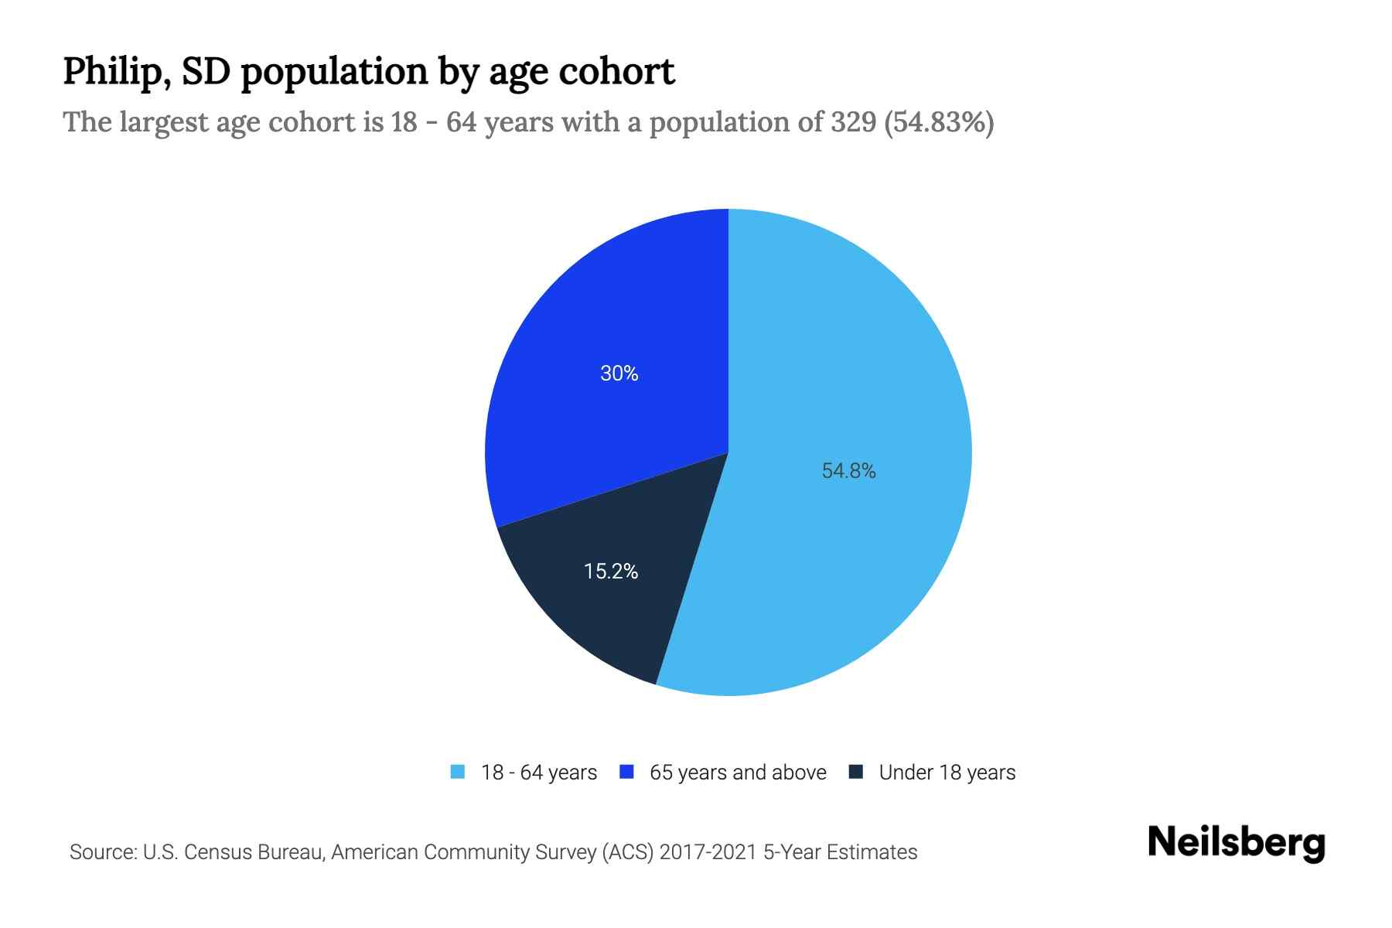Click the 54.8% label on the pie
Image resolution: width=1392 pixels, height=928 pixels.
848,471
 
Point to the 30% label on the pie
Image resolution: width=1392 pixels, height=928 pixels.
619,374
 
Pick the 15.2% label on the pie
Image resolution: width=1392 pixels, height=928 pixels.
611,571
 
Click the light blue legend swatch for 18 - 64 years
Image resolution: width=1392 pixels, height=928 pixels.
458,772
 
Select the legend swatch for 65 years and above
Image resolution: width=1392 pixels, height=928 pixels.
627,772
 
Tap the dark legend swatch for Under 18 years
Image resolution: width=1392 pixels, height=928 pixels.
856,772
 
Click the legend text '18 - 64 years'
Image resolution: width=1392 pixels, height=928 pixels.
539,773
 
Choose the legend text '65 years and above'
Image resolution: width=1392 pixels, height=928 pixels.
738,773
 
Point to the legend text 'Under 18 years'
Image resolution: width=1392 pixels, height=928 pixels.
947,773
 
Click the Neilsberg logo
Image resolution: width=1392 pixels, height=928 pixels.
1236,843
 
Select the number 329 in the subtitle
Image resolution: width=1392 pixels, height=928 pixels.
854,122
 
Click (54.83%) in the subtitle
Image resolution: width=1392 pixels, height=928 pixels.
939,122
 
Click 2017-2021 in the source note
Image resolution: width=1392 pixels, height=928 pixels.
708,852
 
